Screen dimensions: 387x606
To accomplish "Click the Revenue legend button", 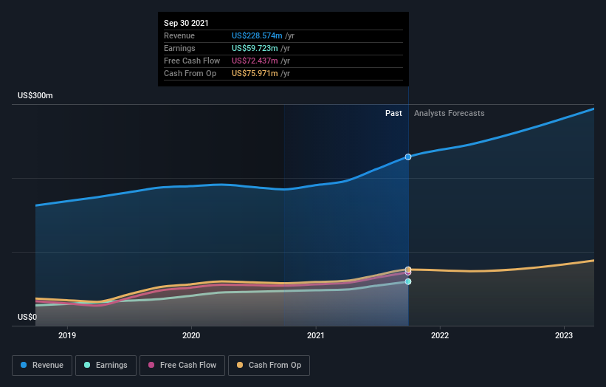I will point(43,365).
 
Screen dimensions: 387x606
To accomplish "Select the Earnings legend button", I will point(106,365).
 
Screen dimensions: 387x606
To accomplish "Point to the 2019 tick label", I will point(67,335).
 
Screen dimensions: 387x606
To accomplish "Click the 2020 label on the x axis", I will point(191,335).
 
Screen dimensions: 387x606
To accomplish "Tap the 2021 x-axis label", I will point(316,335).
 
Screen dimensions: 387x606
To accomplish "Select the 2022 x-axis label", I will point(440,335).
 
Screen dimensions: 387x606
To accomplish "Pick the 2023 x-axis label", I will point(564,335).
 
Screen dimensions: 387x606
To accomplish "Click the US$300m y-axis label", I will point(35,96).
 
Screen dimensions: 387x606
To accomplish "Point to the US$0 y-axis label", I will point(28,318).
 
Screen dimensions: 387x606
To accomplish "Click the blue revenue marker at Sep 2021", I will point(408,157).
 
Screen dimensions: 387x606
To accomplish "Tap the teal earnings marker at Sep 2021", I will point(408,281).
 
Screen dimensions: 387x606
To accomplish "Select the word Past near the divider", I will point(393,113).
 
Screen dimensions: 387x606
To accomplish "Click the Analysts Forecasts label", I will point(450,113).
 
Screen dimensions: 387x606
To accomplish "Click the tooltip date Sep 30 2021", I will point(186,23).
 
